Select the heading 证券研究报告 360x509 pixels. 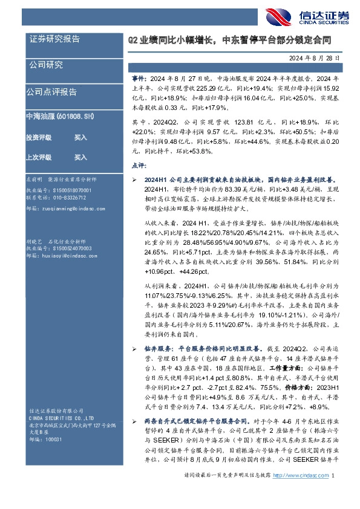point(54,39)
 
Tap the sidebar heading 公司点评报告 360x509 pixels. point(51,92)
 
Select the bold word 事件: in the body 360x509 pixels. point(139,78)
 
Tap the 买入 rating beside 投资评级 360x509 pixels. point(80,137)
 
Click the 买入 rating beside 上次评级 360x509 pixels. point(80,157)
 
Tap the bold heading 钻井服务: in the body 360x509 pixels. point(158,349)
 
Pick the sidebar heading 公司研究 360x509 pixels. point(46,65)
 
